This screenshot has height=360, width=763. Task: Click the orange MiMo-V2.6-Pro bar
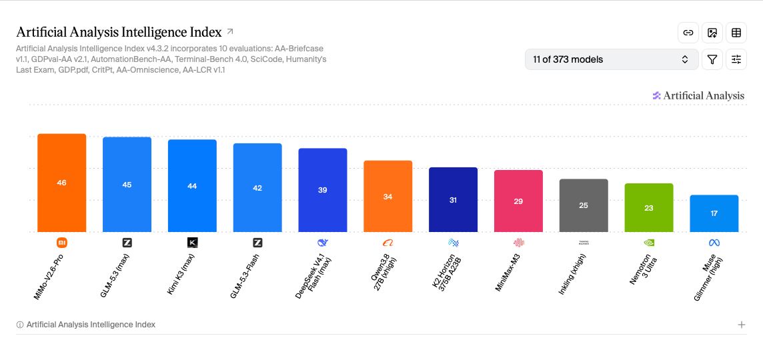[62, 183]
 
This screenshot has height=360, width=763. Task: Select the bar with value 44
[192, 186]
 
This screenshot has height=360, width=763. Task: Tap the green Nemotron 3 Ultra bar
[649, 208]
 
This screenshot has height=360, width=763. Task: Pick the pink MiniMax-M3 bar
[518, 201]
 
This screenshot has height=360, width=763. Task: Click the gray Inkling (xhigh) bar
[584, 205]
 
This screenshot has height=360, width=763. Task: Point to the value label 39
[323, 190]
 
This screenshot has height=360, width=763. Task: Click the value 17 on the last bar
[714, 213]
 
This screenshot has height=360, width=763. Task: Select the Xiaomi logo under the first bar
[62, 242]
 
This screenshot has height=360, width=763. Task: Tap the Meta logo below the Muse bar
[714, 242]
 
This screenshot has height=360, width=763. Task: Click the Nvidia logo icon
[649, 242]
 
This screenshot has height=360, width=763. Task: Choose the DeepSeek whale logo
[323, 242]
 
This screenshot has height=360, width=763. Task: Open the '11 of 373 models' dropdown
[612, 59]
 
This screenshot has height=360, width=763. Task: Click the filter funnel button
[712, 59]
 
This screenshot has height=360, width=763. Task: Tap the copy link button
[688, 33]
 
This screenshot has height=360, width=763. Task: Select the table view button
[736, 33]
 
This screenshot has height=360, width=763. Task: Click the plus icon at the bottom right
[742, 325]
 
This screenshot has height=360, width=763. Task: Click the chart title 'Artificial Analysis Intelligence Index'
[119, 32]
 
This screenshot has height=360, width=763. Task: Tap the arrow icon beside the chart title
[230, 31]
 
